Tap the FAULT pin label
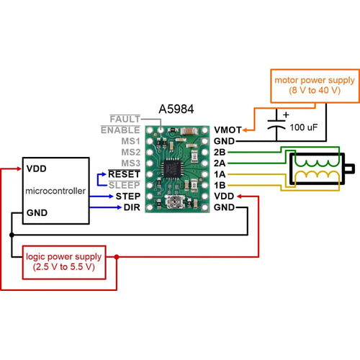point(125,119)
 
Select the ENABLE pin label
point(120,130)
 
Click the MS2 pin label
point(130,152)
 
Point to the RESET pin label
point(124,174)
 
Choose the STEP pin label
point(127,196)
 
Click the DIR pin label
point(130,207)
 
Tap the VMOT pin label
point(228,130)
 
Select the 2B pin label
point(220,152)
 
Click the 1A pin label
point(220,174)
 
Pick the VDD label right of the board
point(224,196)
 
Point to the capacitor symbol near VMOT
point(276,122)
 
